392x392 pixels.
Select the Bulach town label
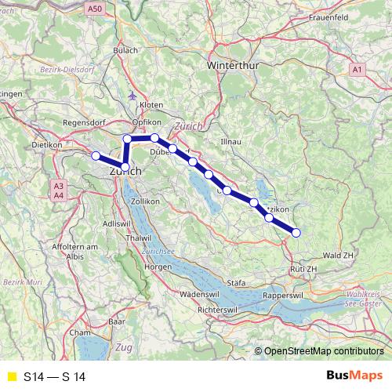coord(125,50)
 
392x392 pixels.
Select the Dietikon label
coord(46,145)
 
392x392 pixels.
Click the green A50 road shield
coord(94,9)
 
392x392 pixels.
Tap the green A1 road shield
coord(357,71)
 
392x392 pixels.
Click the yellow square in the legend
coord(11,377)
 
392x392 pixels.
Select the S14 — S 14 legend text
coord(54,377)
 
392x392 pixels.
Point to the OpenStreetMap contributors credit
coord(323,352)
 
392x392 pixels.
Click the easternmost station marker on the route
coord(296,231)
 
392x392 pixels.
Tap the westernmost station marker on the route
coord(96,156)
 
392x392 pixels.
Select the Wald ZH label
coord(339,255)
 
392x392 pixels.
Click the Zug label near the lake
coord(123,346)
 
